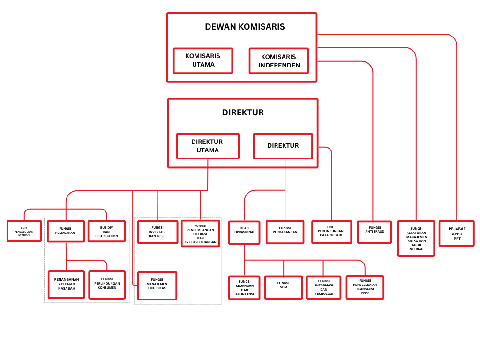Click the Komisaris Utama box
203,60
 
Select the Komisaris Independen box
279,61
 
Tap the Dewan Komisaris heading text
245,27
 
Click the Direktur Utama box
208,146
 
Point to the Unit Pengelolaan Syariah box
24,231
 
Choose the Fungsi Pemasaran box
66,231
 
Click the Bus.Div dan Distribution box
106,231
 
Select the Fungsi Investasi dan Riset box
158,232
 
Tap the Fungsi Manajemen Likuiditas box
157,285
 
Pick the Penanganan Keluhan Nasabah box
66,285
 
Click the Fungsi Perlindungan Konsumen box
107,285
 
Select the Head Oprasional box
244,232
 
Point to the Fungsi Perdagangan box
285,232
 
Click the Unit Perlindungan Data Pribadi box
331,232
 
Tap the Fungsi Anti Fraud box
374,232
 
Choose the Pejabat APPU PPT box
457,233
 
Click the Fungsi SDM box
284,287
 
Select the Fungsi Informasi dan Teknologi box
324,287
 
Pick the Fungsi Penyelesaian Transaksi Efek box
365,287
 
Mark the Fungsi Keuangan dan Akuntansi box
244,287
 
